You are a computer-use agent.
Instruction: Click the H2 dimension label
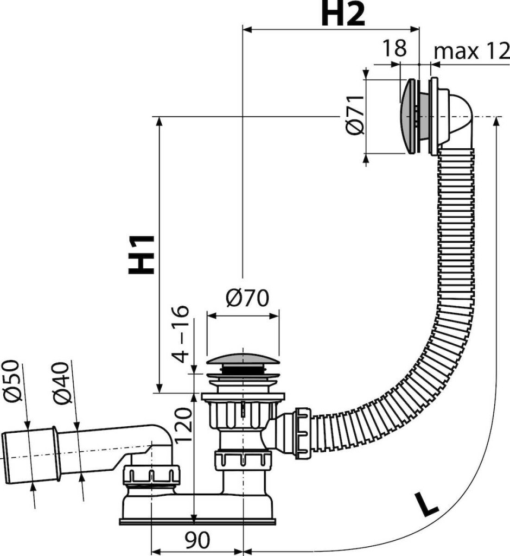(343, 14)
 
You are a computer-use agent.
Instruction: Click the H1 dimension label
(142, 255)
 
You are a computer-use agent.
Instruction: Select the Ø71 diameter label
(355, 115)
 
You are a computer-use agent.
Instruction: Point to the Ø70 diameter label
(247, 298)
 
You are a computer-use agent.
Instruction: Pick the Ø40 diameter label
(62, 383)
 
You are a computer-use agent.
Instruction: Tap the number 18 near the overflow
(394, 48)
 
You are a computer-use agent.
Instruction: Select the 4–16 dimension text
(180, 333)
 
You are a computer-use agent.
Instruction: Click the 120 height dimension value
(183, 425)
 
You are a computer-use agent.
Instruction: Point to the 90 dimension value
(197, 540)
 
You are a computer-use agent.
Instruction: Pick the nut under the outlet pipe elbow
(151, 479)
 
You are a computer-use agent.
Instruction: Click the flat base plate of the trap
(197, 521)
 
